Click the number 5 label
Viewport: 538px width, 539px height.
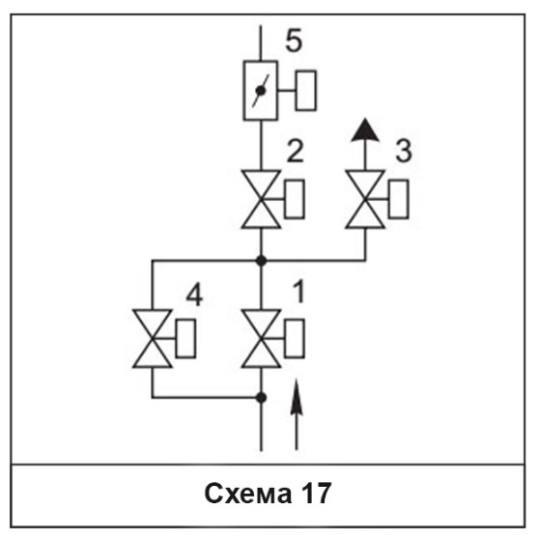294,41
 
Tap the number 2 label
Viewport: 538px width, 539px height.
296,151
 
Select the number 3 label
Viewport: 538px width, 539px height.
404,151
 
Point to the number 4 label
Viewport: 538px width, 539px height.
194,295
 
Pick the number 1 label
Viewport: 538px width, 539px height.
299,291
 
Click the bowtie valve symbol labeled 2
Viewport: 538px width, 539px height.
261,199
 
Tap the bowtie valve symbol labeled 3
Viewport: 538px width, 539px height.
365,199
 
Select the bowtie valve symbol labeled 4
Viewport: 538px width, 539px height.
153,339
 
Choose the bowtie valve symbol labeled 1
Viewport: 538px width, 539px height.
261,339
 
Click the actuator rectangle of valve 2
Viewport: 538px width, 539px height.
295,199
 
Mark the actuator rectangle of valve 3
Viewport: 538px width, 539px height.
399,199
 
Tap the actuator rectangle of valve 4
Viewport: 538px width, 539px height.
185,339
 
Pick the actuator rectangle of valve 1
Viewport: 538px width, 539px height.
295,339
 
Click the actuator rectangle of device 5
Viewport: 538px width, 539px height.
306,91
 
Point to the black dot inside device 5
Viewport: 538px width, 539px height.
261,91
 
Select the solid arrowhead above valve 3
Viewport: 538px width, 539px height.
365,129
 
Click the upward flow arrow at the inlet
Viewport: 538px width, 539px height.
297,414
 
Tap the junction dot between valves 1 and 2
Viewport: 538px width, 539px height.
261,261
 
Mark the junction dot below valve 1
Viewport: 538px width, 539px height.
261,398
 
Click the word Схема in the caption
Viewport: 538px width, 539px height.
248,494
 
